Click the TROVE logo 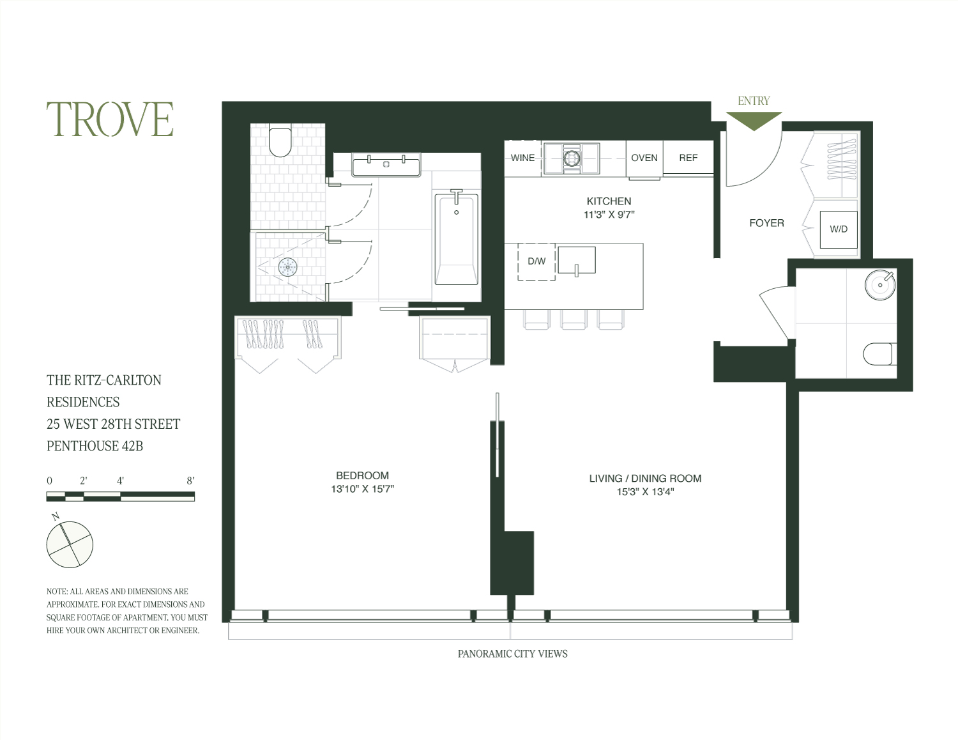coord(110,119)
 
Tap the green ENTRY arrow coord(754,119)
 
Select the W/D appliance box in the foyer coord(838,229)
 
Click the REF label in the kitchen coord(688,158)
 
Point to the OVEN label coord(644,158)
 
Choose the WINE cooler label coord(522,158)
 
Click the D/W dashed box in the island coord(536,261)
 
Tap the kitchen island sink coord(576,260)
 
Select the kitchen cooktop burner coord(571,157)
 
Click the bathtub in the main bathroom coord(456,240)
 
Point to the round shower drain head coord(287,267)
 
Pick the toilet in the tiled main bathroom coord(280,142)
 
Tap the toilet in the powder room coord(879,354)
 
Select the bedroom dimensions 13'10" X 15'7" coord(362,489)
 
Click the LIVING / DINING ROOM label coord(645,478)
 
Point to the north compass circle coord(70,544)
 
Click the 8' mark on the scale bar coord(190,481)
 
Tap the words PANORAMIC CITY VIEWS coord(512,654)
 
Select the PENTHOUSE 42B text coord(95,446)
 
